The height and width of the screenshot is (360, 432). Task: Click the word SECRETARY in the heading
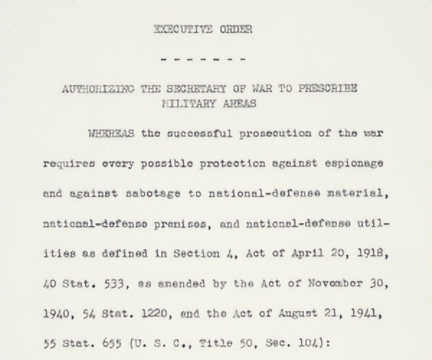pyautogui.click(x=193, y=88)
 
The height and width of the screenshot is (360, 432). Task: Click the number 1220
pyautogui.click(x=145, y=314)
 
